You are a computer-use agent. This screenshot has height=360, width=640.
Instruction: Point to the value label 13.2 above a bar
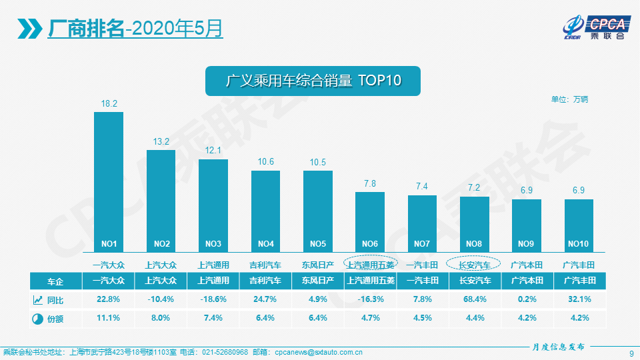[161, 141]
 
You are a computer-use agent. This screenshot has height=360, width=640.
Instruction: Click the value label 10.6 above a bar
[265, 162]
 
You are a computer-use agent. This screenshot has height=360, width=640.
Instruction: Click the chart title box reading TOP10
[313, 81]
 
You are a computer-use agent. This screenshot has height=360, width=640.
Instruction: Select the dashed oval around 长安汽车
[474, 265]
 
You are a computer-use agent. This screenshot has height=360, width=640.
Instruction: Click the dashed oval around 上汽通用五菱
[370, 265]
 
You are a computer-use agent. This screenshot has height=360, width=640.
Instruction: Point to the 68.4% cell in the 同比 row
[474, 299]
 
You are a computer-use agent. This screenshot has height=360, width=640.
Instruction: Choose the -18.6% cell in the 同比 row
[213, 299]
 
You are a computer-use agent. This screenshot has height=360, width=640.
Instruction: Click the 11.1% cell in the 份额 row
[109, 318]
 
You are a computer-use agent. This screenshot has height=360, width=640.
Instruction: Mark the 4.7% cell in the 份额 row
[370, 318]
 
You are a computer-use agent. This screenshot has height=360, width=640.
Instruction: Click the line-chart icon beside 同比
[37, 299]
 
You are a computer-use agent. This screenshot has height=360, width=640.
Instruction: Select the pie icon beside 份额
[37, 319]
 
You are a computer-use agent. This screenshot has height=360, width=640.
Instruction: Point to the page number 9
[631, 353]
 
